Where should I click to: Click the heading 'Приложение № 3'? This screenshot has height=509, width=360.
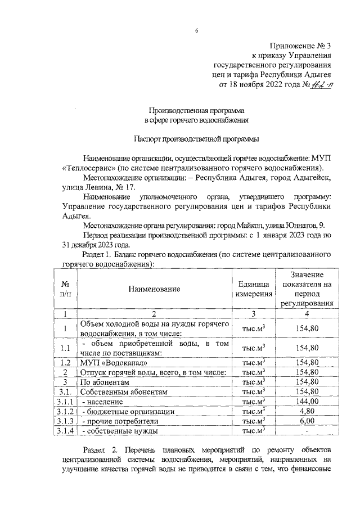click(x=298, y=46)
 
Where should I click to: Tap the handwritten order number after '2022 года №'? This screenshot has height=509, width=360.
click(x=319, y=85)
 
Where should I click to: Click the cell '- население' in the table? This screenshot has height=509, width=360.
click(x=101, y=401)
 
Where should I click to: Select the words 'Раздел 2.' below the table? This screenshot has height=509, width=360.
click(x=100, y=451)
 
